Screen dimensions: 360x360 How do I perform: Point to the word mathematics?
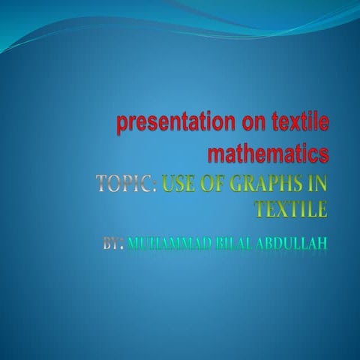268,154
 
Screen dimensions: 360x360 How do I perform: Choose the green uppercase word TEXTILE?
291,208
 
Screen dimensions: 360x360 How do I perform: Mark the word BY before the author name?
111,243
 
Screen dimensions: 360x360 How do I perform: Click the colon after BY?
122,244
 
